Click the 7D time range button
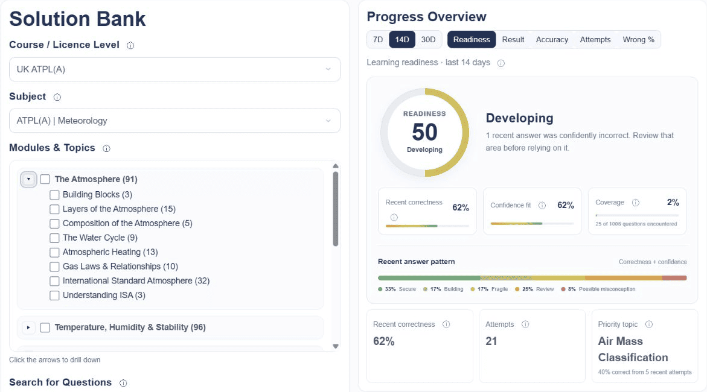coord(378,40)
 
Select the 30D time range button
coord(428,40)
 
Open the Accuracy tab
coord(552,40)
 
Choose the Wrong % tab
coord(638,40)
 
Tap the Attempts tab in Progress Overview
coord(595,40)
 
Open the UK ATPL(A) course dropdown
coord(174,69)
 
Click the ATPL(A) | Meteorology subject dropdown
coord(174,121)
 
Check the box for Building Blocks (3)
coord(54,195)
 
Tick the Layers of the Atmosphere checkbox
coord(54,209)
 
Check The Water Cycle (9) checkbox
coord(54,238)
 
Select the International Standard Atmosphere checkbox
coord(54,281)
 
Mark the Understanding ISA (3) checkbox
coord(54,296)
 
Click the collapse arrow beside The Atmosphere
coord(28,179)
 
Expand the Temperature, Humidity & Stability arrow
coord(28,327)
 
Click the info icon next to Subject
coord(57,97)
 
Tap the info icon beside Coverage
coord(636,203)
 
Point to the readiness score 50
coord(424,132)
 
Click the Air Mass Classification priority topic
coord(633,349)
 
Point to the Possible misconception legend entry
coord(598,289)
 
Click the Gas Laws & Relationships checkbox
coord(54,267)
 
